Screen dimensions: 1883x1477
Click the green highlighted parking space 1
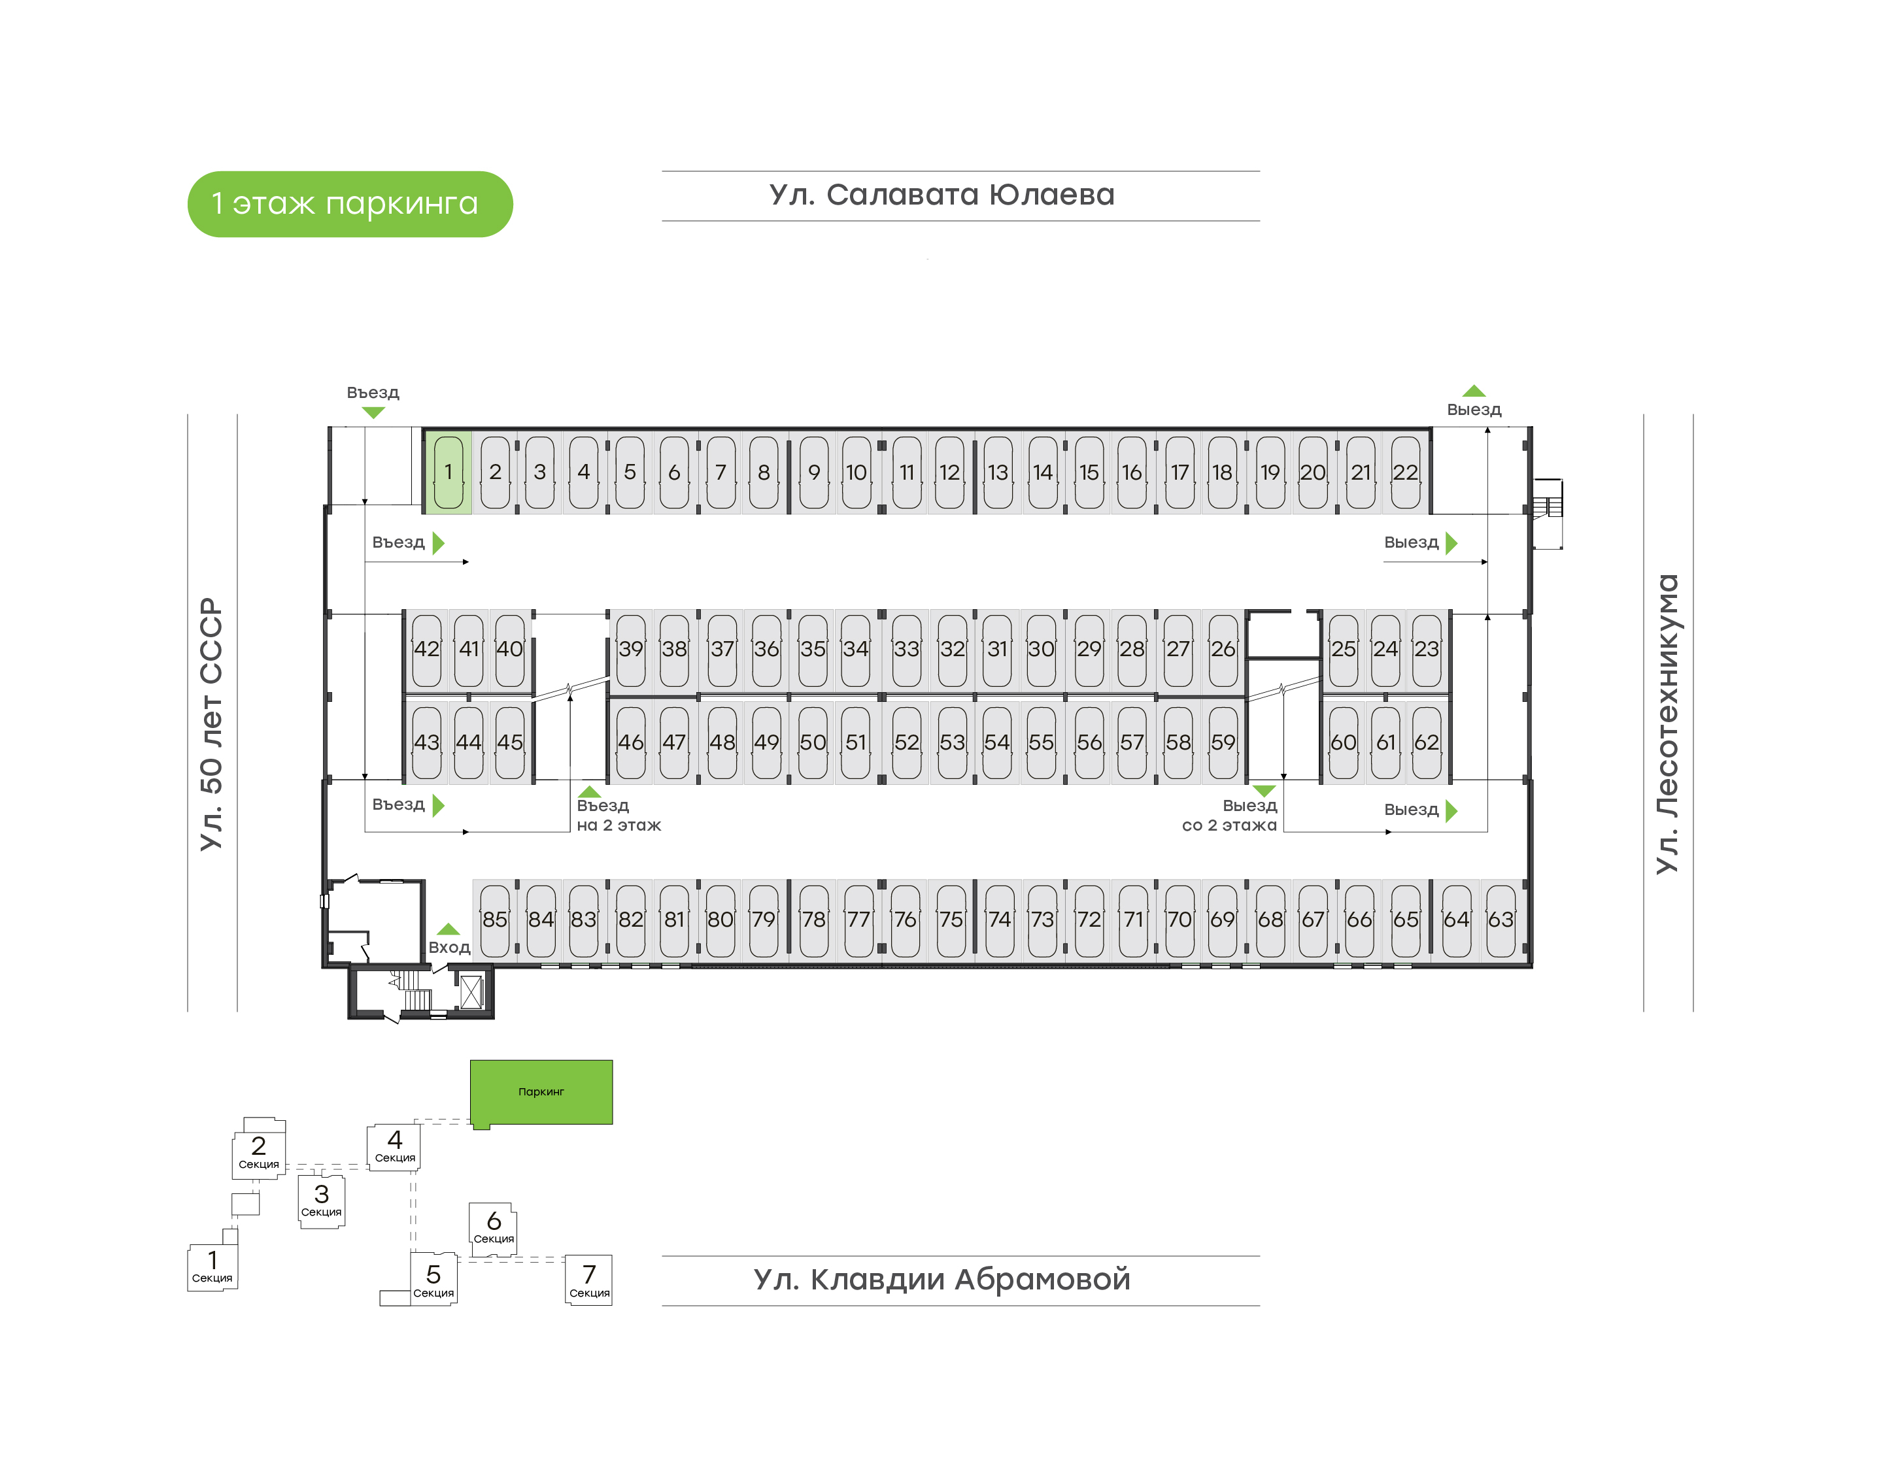point(448,472)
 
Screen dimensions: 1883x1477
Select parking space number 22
point(1404,472)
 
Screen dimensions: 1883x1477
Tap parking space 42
point(426,648)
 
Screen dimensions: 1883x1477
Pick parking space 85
point(495,920)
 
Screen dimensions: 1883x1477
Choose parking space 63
point(1501,920)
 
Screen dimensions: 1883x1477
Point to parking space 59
point(1222,742)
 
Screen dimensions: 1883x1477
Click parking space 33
point(906,648)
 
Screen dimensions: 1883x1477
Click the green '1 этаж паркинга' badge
point(350,204)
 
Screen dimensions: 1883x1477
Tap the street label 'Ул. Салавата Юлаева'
point(942,195)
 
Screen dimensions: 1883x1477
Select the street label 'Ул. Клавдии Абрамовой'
point(942,1279)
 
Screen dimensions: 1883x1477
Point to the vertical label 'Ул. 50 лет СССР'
point(212,724)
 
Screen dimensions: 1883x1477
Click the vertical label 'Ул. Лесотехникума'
point(1667,724)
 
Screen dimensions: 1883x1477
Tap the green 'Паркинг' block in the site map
point(541,1092)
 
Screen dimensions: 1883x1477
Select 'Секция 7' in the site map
point(589,1280)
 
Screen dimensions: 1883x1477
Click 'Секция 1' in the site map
point(212,1267)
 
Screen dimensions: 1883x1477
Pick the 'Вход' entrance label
point(450,948)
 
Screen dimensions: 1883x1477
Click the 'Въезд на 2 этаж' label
point(619,816)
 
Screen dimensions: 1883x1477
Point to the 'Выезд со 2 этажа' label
point(1229,816)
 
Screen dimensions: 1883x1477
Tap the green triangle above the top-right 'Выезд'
point(1474,391)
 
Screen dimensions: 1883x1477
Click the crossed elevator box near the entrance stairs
point(471,993)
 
